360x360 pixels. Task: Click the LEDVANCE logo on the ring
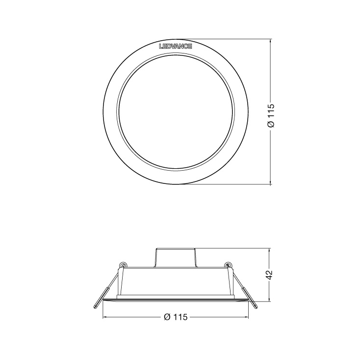[176, 47]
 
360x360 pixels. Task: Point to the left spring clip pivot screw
[122, 265]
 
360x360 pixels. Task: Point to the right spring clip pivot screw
[227, 265]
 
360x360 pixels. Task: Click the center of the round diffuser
[176, 113]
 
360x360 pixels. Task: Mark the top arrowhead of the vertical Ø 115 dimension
[271, 43]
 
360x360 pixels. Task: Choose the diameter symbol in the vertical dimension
[270, 125]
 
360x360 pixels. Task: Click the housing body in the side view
[176, 282]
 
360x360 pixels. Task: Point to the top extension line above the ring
[226, 40]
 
